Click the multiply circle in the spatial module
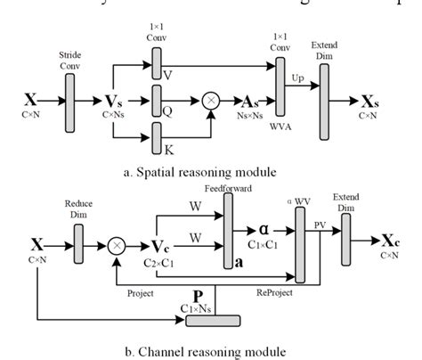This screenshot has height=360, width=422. coord(211,100)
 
